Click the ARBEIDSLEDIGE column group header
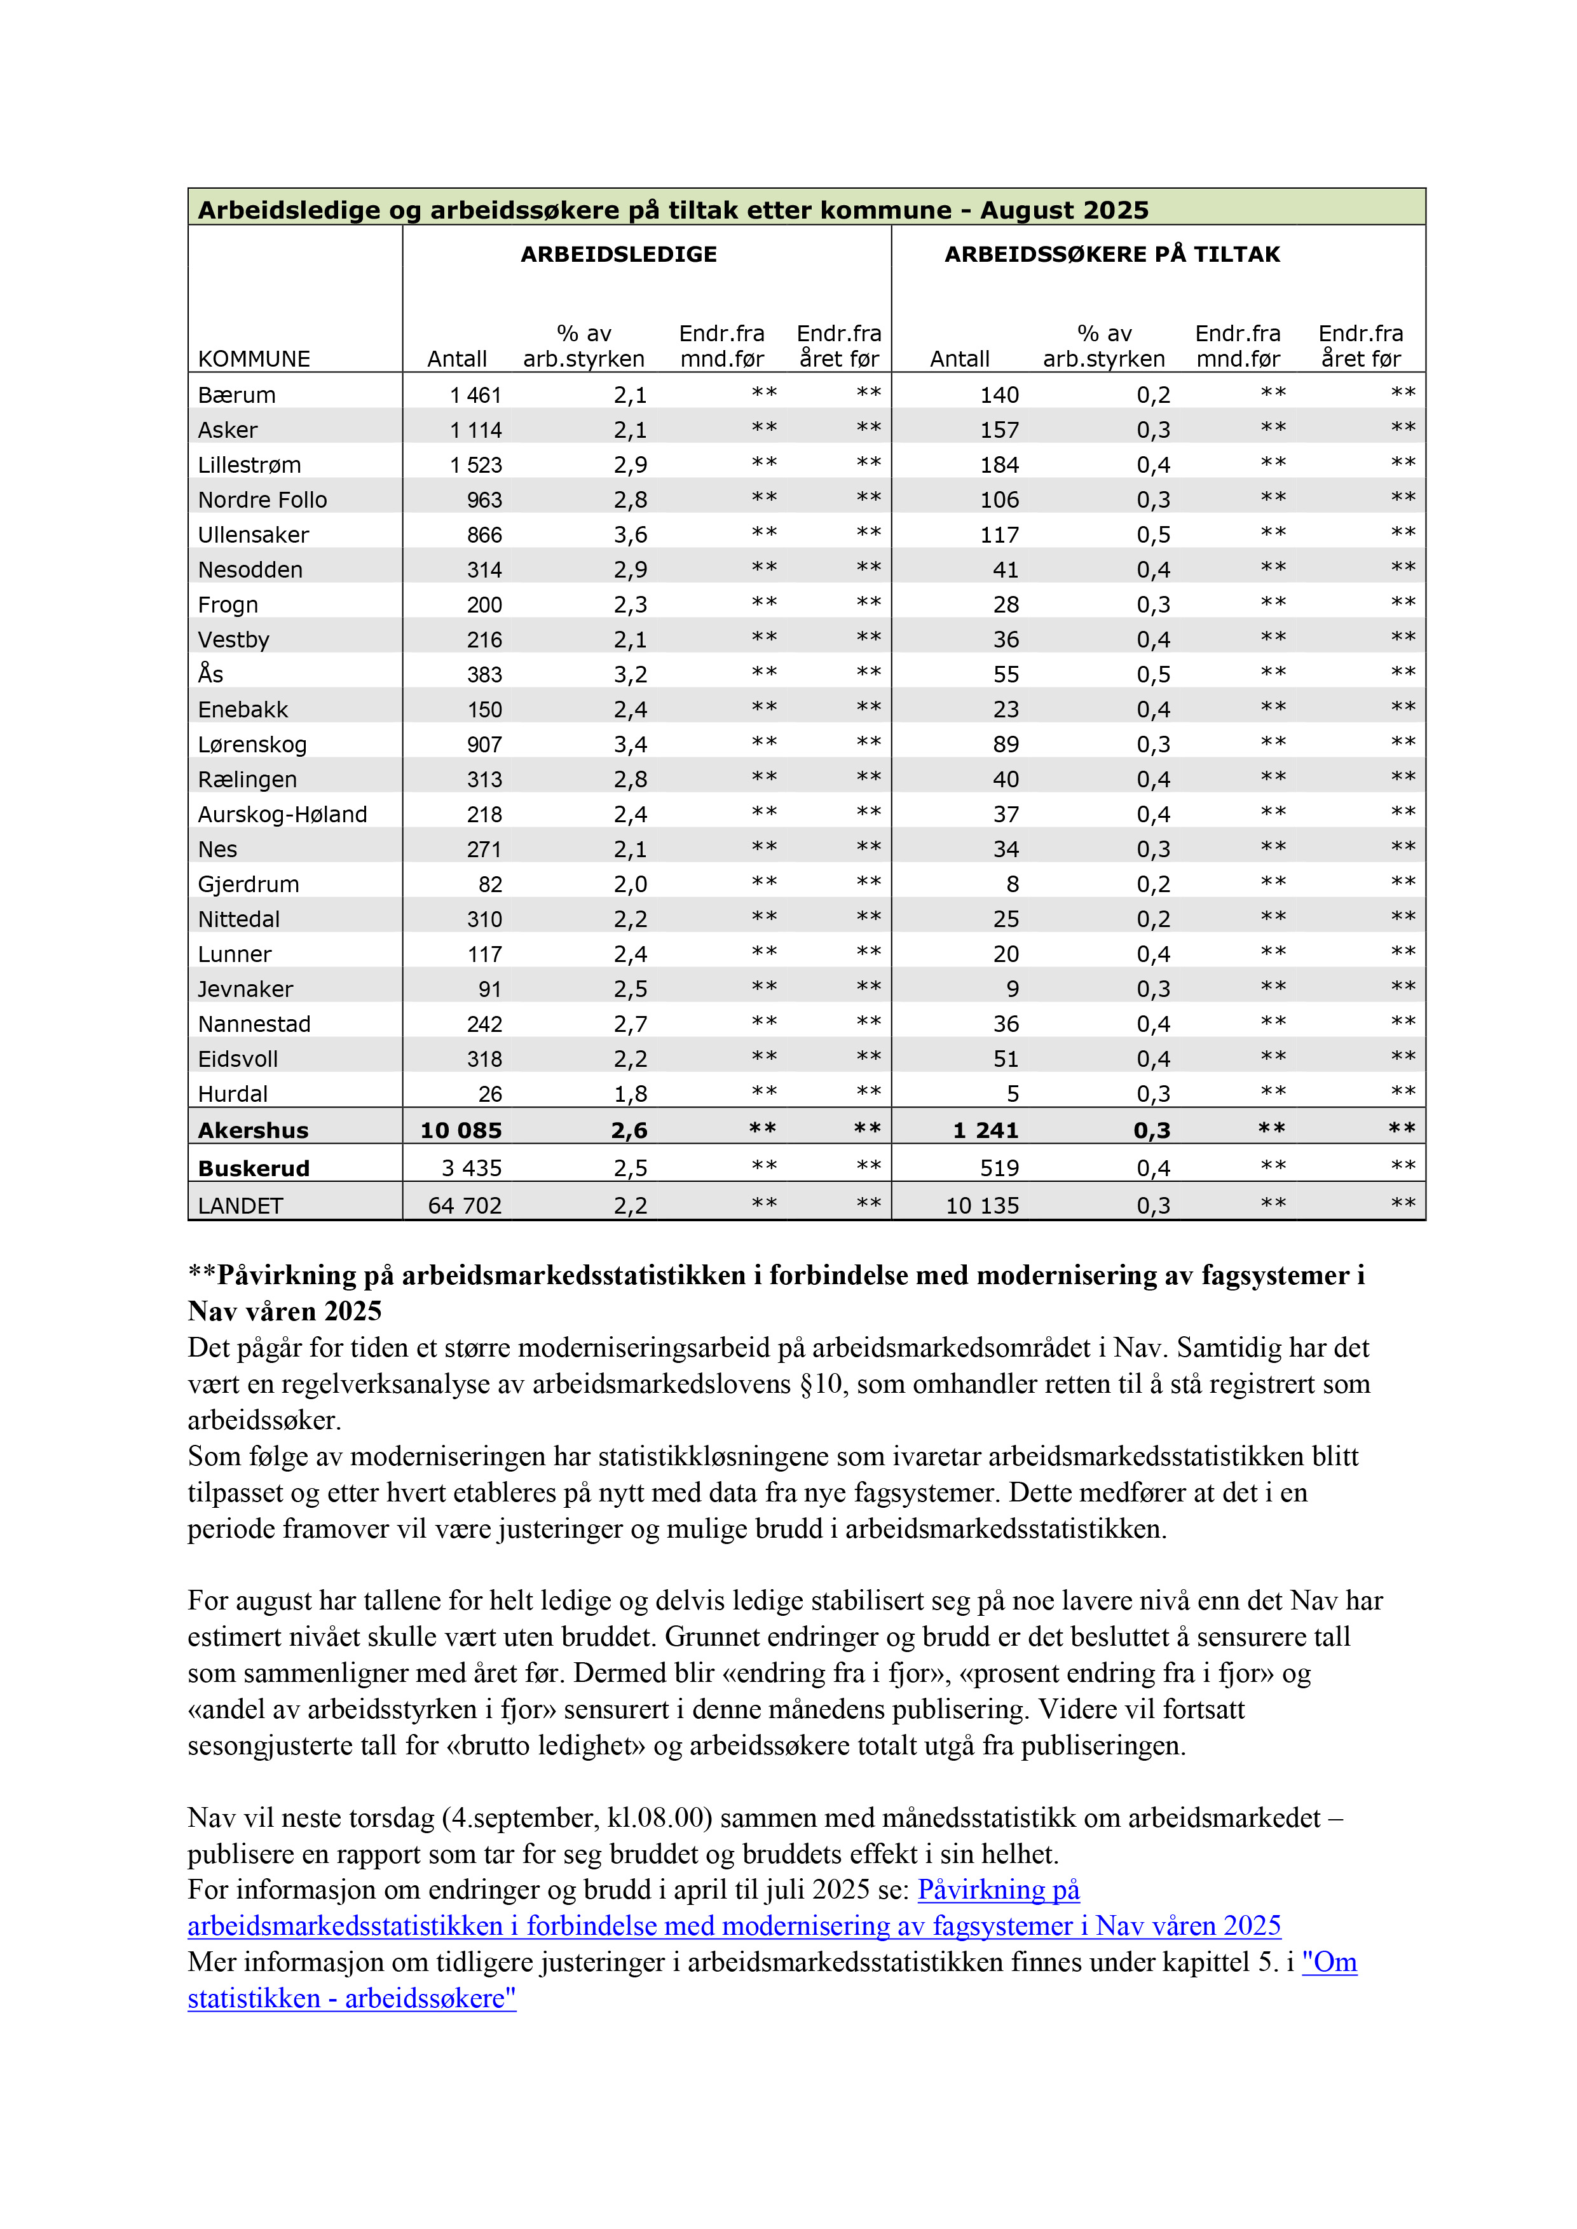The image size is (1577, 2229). click(618, 254)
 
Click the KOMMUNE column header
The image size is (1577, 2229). click(254, 358)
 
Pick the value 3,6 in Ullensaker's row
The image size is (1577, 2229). click(629, 535)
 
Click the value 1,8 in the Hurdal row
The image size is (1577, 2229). click(629, 1094)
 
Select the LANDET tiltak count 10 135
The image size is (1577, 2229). click(982, 1206)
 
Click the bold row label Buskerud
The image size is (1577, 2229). click(254, 1168)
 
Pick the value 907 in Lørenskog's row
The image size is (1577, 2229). click(484, 745)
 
